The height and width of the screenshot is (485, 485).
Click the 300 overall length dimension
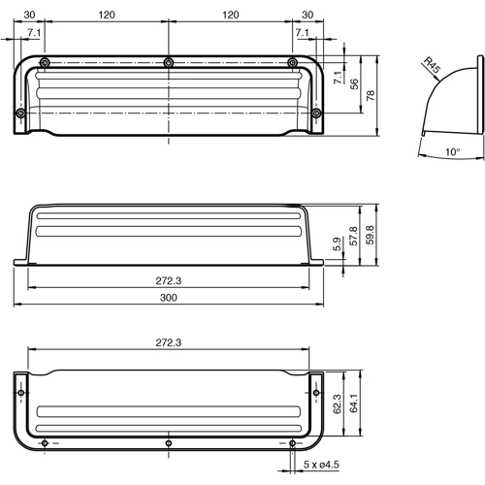coord(169,299)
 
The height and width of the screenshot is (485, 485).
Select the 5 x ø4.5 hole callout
coord(322,464)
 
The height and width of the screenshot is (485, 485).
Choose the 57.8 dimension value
coord(354,235)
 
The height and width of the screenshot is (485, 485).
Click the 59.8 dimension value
coord(371,235)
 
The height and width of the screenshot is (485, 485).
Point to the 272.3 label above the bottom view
coord(169,343)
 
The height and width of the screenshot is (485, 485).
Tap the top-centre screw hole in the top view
coord(169,63)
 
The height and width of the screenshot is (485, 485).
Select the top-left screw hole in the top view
coord(45,63)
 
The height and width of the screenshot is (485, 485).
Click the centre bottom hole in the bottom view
coord(169,443)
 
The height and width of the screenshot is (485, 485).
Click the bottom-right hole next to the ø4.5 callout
coord(293,443)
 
